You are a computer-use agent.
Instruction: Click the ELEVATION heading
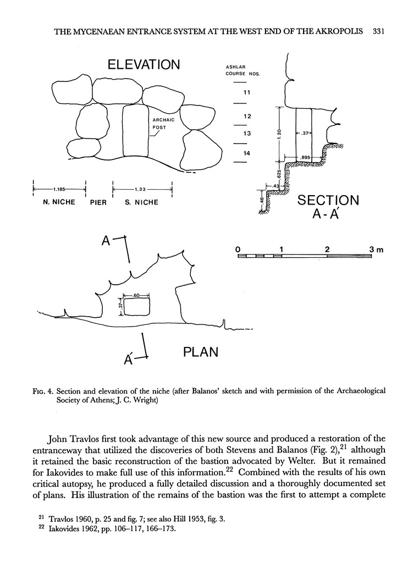(144, 65)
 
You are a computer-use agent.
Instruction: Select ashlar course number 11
(246, 92)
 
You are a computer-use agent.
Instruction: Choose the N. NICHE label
(59, 202)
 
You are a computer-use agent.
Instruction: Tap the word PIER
(98, 202)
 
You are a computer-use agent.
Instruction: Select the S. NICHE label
(141, 202)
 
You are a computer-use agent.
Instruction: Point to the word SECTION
(328, 200)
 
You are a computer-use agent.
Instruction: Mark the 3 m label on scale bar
(376, 250)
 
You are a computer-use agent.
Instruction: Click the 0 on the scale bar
(238, 250)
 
